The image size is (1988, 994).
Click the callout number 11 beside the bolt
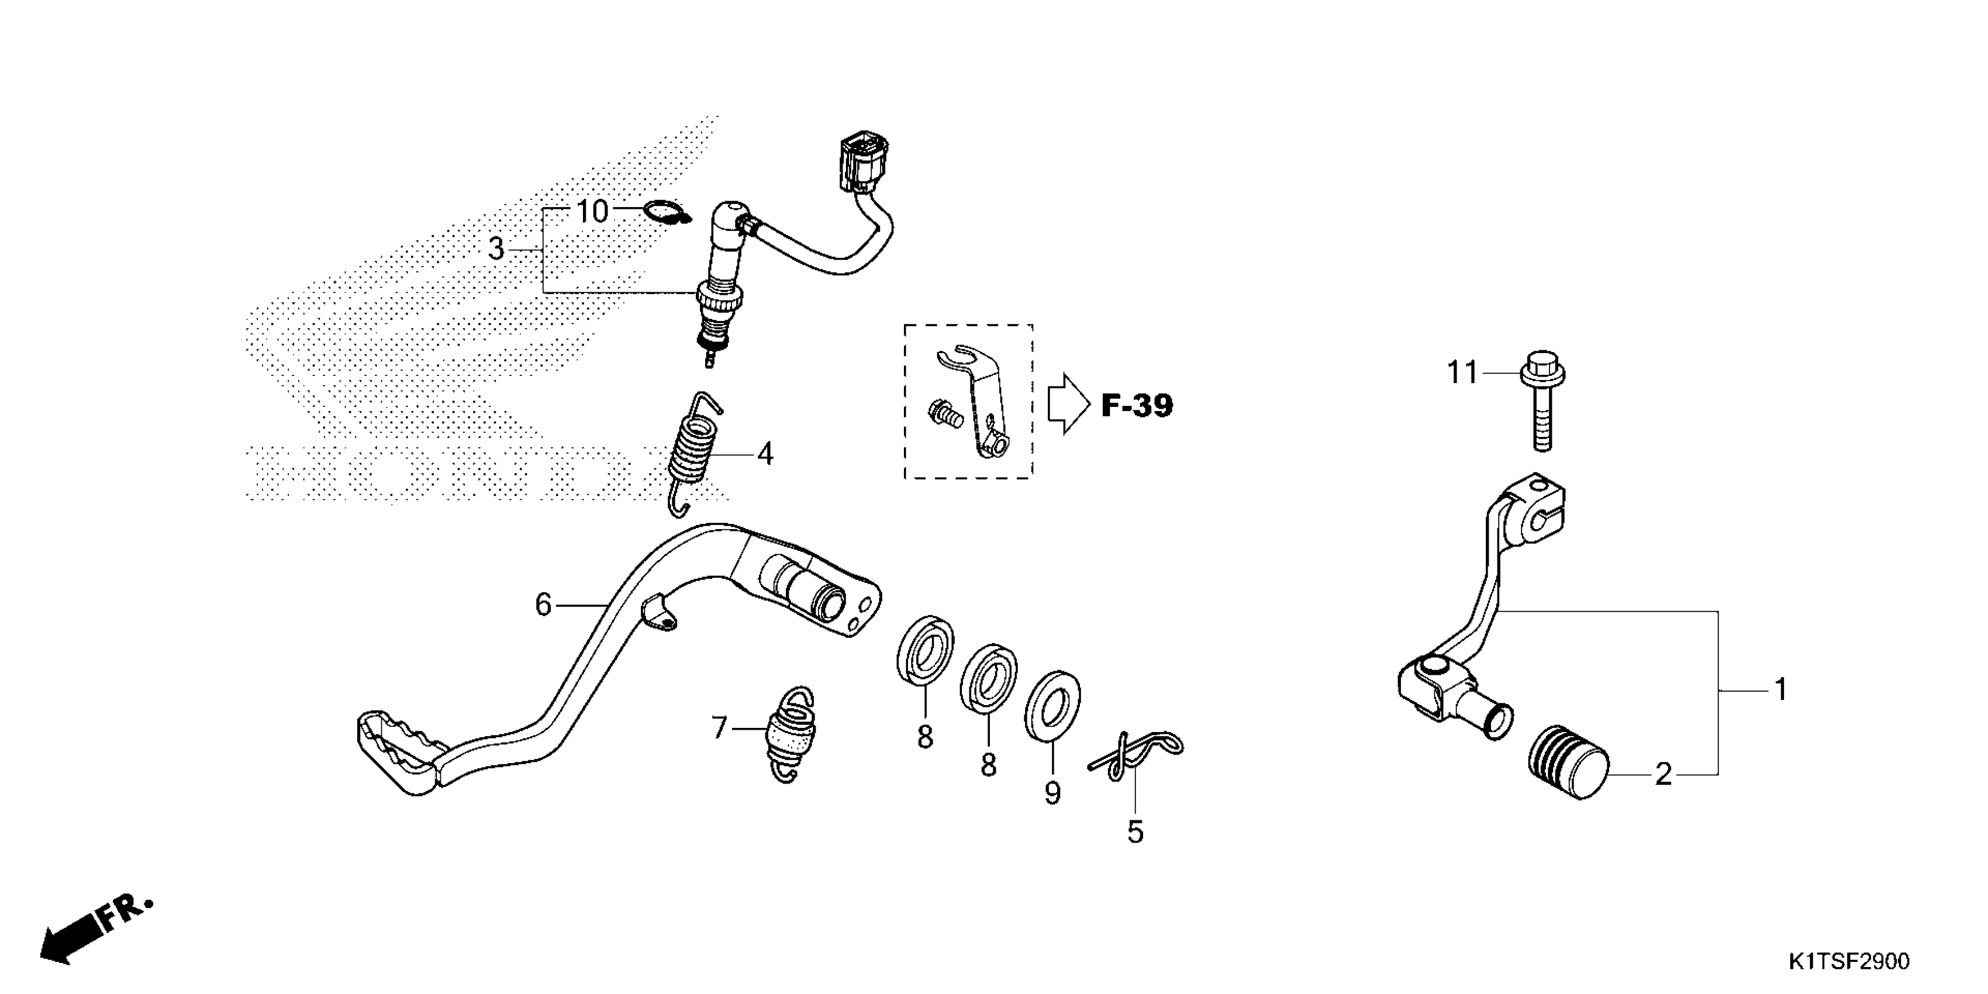coord(1462,374)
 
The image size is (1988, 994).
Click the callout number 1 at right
coord(1780,689)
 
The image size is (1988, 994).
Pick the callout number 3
coord(496,249)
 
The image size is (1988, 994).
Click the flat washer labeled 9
coord(1052,705)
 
